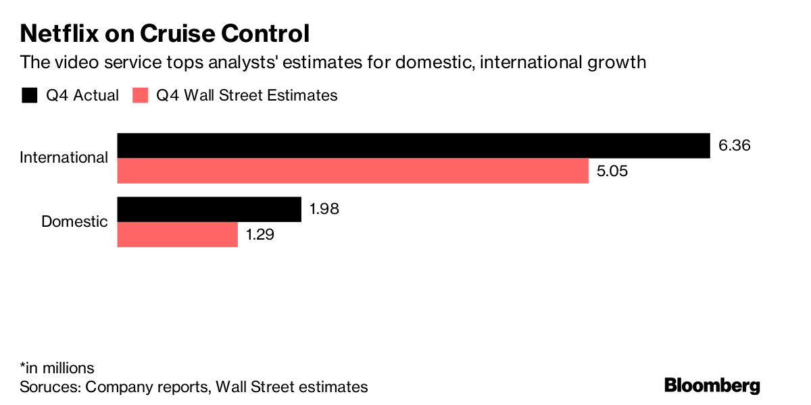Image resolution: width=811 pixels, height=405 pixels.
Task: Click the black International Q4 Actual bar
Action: [414, 146]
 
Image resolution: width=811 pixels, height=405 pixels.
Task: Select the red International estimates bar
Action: [353, 171]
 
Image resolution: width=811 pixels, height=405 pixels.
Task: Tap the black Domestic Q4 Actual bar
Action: [209, 209]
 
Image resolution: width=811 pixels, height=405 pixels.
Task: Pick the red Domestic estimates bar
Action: [178, 235]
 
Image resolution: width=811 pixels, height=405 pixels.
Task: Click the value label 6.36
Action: [735, 146]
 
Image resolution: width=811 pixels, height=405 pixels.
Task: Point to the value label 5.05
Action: [612, 171]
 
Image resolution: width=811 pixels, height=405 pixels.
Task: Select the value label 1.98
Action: [324, 209]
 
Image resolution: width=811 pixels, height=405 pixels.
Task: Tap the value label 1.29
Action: [262, 235]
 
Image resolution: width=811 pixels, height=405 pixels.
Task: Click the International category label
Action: [64, 158]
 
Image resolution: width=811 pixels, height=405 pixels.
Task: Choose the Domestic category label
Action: [74, 221]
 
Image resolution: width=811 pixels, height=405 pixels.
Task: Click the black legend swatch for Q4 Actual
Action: [29, 95]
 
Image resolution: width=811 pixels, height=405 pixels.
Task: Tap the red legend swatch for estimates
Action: [140, 95]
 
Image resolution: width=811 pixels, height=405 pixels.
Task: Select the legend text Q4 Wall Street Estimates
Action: [247, 95]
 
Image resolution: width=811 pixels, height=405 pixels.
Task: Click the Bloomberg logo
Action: [712, 385]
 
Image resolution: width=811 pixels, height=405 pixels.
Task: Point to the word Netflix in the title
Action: [62, 33]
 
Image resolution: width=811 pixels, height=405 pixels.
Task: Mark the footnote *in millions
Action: [57, 368]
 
